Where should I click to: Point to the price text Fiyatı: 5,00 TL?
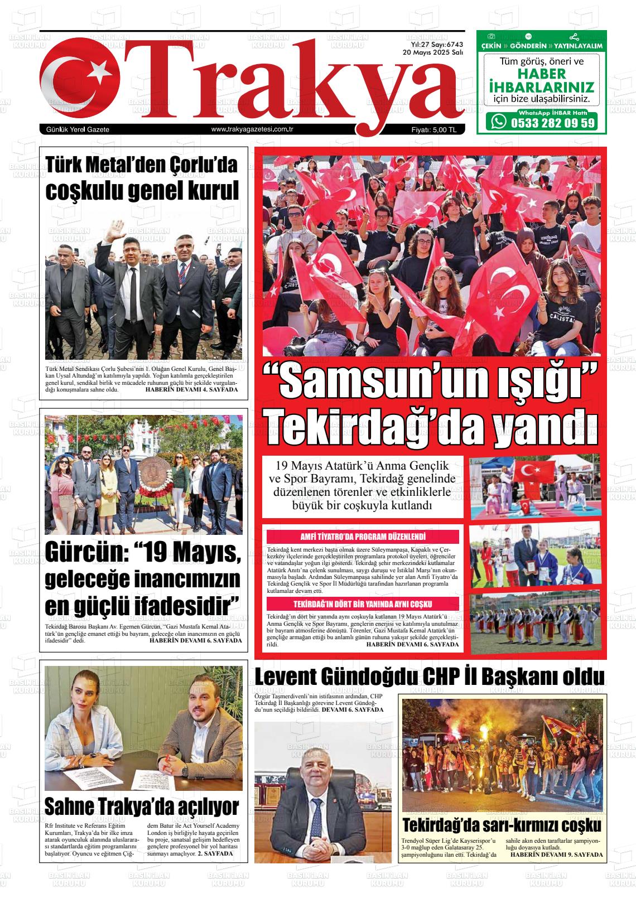pyautogui.click(x=433, y=129)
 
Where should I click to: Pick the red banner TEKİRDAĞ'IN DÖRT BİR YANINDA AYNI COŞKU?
pyautogui.click(x=363, y=604)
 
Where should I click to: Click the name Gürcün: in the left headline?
pyautogui.click(x=84, y=552)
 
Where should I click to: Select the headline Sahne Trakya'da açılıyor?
pyautogui.click(x=142, y=806)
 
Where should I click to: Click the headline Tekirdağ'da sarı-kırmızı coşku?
pyautogui.click(x=502, y=825)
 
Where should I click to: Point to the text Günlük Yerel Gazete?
pyautogui.click(x=78, y=129)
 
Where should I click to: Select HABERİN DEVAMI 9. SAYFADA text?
pyautogui.click(x=557, y=854)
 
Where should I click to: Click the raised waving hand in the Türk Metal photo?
pyautogui.click(x=117, y=228)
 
